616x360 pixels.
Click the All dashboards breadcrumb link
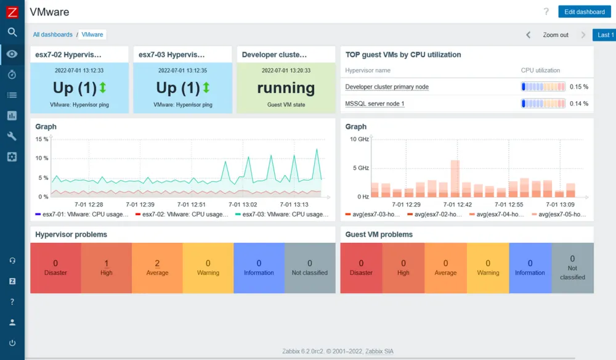[x=52, y=35]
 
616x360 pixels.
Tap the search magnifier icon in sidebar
[x=12, y=32]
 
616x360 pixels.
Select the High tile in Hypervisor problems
[x=106, y=268]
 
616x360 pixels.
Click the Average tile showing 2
[x=157, y=268]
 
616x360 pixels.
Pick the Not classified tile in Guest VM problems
[x=572, y=268]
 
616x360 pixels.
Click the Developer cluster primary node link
[x=386, y=87]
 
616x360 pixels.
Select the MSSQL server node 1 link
[x=375, y=104]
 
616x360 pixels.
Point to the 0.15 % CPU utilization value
[x=578, y=87]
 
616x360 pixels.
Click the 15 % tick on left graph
[x=41, y=139]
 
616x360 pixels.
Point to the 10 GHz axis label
[x=359, y=139]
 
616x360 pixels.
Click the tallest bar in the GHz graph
[x=455, y=178]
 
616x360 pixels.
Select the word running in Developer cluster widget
[x=286, y=88]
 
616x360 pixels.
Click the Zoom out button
[x=555, y=35]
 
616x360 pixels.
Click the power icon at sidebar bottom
[x=12, y=343]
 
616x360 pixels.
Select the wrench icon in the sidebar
[x=12, y=136]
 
